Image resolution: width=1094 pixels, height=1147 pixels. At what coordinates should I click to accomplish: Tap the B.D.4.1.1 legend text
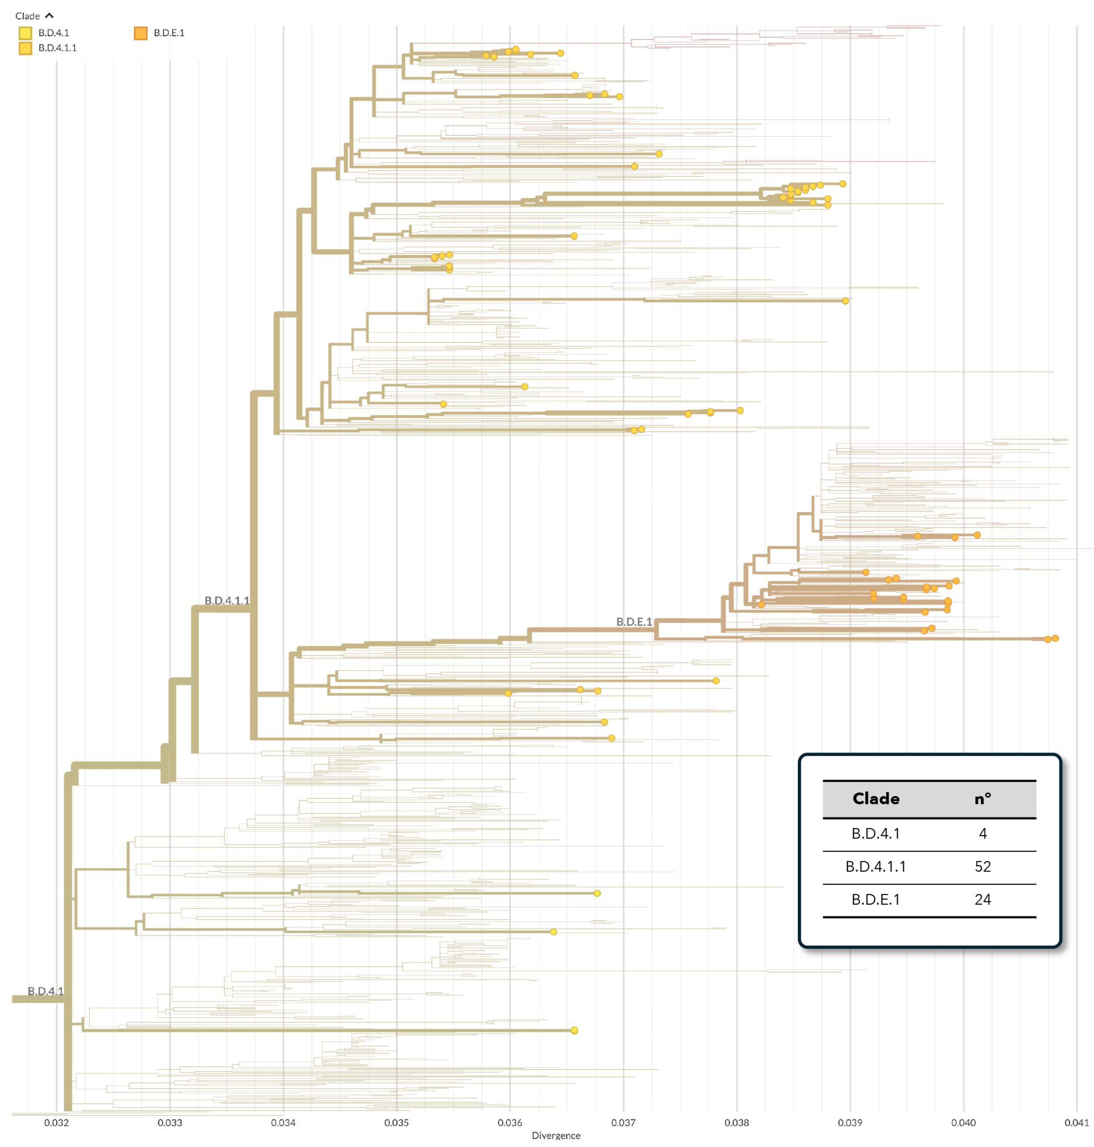click(x=57, y=48)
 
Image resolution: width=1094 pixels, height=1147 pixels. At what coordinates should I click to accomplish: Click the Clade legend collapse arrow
click(x=49, y=16)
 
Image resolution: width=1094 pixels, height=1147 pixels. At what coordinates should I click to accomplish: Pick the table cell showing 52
click(x=983, y=866)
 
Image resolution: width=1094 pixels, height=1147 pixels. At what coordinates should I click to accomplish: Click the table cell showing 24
click(x=983, y=899)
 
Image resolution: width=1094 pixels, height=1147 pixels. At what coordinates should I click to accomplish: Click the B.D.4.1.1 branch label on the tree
click(x=227, y=600)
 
